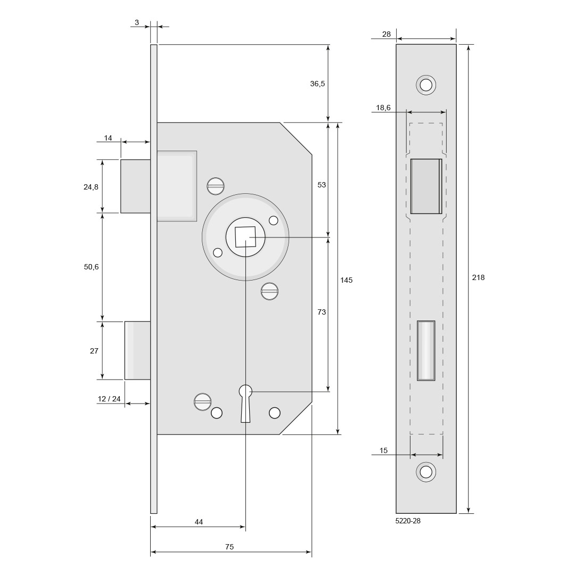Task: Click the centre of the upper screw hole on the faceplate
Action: [x=426, y=85]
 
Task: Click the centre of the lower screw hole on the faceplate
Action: [x=426, y=472]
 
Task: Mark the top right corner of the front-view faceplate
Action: [x=456, y=44]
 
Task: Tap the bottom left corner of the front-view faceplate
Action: [x=396, y=513]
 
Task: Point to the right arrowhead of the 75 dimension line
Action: [x=309, y=552]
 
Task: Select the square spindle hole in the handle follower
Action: [x=245, y=237]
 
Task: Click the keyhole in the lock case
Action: [x=245, y=403]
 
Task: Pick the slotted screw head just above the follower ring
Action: [x=216, y=186]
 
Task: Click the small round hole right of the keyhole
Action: [x=274, y=413]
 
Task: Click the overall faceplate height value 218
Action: [x=478, y=277]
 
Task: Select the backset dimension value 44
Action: [x=199, y=521]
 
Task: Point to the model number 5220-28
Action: [x=408, y=521]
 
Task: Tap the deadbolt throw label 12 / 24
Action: [x=109, y=399]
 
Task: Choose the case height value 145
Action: [x=346, y=280]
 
